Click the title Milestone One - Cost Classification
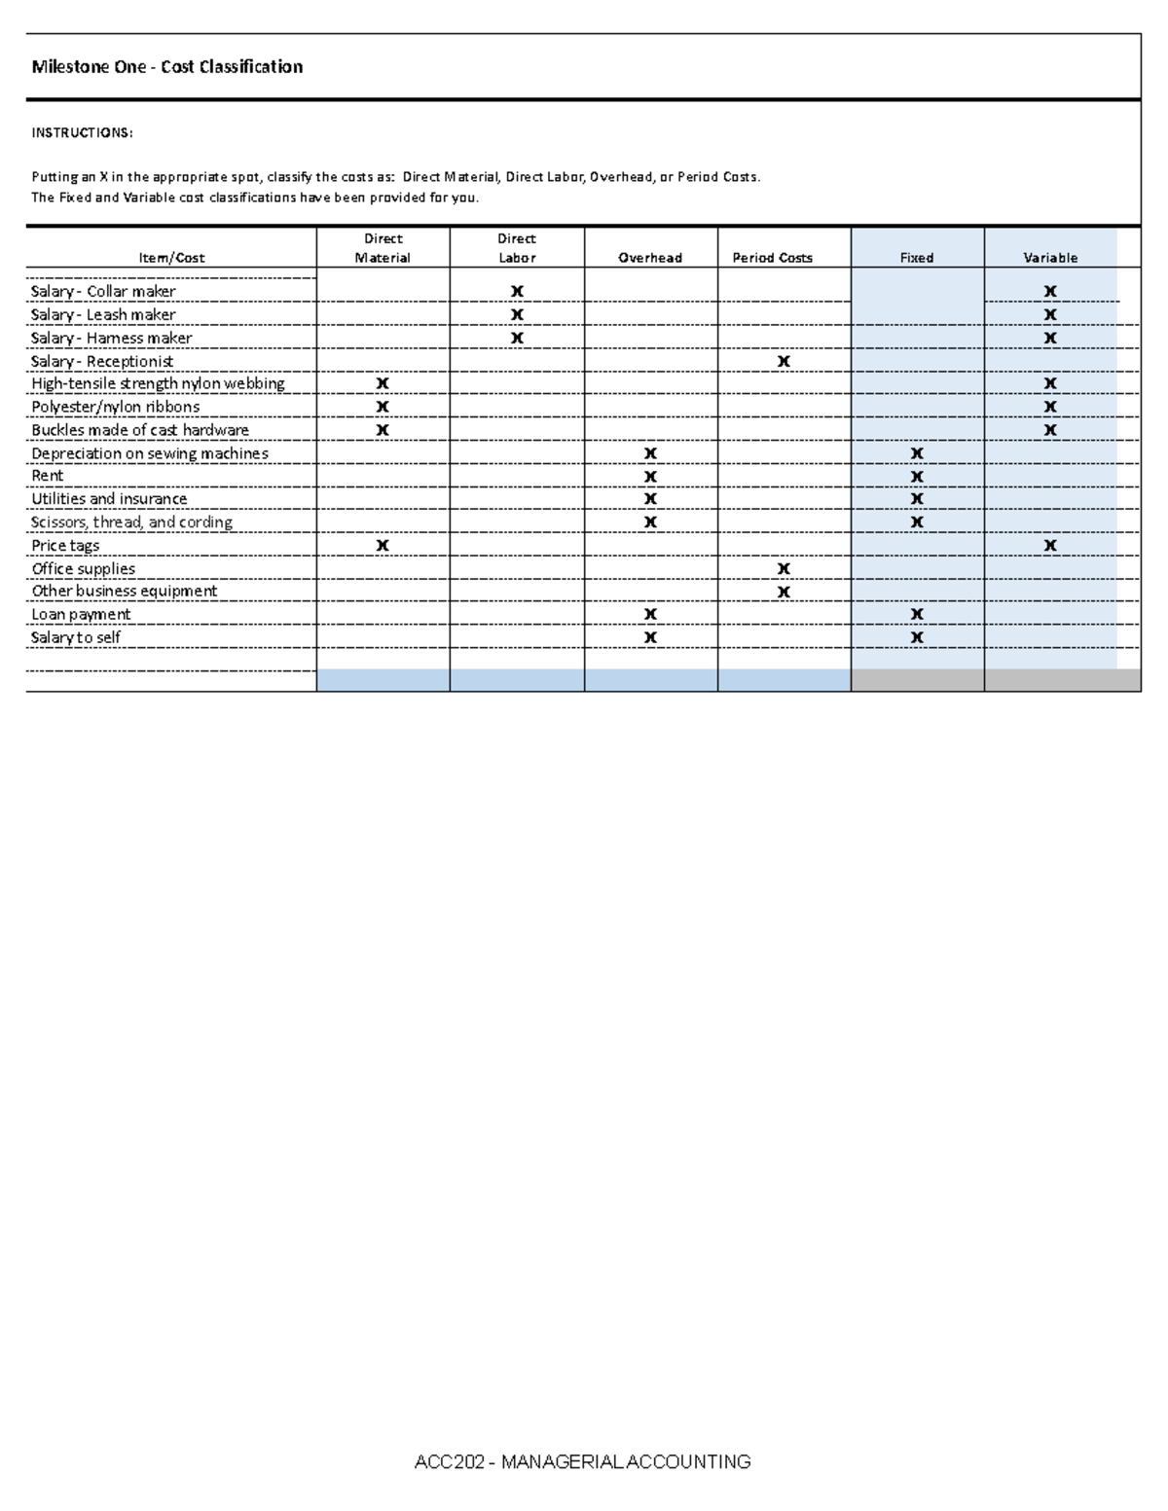pyautogui.click(x=166, y=67)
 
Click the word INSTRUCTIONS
pyautogui.click(x=82, y=132)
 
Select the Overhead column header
pyautogui.click(x=650, y=258)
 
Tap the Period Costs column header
pyautogui.click(x=772, y=258)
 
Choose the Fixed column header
pyautogui.click(x=917, y=258)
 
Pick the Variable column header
pyautogui.click(x=1050, y=258)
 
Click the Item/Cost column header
pyautogui.click(x=171, y=258)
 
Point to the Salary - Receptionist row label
pyautogui.click(x=102, y=361)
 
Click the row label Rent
pyautogui.click(x=48, y=476)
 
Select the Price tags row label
pyautogui.click(x=65, y=546)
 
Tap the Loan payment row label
pyautogui.click(x=81, y=615)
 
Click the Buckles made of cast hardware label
pyautogui.click(x=140, y=430)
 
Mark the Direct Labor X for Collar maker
pyautogui.click(x=517, y=291)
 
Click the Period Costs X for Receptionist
pyautogui.click(x=784, y=361)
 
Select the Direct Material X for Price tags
pyautogui.click(x=383, y=546)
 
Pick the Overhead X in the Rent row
pyautogui.click(x=650, y=477)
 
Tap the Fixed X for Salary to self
pyautogui.click(x=917, y=638)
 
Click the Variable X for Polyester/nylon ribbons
pyautogui.click(x=1050, y=407)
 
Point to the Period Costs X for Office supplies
pyautogui.click(x=784, y=569)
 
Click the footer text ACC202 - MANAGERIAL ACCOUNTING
pyautogui.click(x=582, y=1461)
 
